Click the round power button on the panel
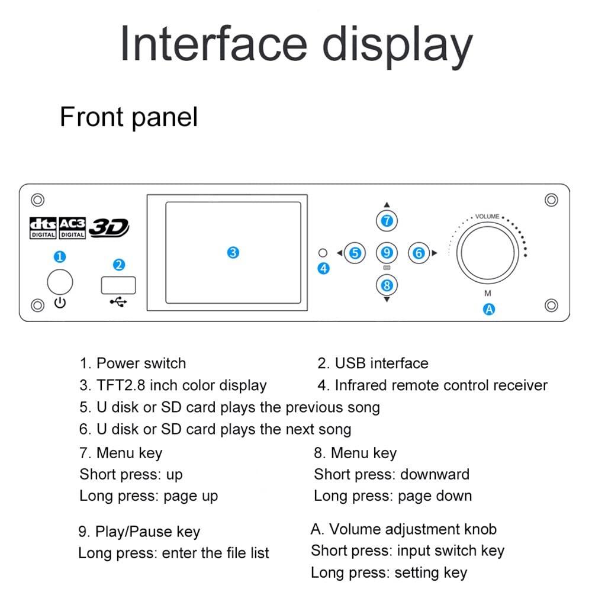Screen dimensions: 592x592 click(60, 282)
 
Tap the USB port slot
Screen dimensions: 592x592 click(118, 285)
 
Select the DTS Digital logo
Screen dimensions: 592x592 click(43, 227)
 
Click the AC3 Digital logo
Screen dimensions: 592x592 click(72, 227)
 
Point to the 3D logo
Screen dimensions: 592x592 click(109, 227)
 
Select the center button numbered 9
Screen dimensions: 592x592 click(387, 253)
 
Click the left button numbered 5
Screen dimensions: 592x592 click(355, 253)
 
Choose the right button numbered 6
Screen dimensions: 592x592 click(419, 253)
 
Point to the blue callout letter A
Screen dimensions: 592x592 click(489, 308)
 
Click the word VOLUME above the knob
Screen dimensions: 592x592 click(487, 217)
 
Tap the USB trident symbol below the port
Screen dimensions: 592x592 click(118, 303)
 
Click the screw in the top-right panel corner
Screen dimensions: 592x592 click(551, 200)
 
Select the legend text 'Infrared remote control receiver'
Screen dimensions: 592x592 click(440, 385)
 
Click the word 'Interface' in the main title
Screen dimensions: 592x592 click(214, 44)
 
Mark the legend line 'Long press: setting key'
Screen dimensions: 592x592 click(389, 573)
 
